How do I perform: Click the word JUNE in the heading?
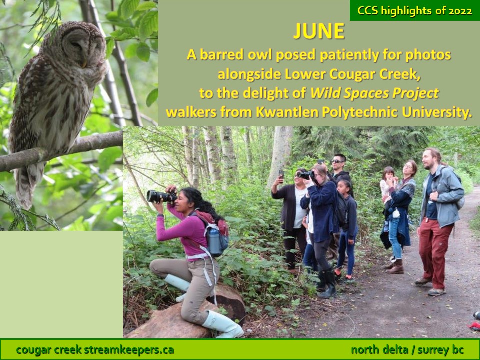[x=319, y=31]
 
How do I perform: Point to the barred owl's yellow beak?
[x=83, y=63]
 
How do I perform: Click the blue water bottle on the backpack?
[x=214, y=242]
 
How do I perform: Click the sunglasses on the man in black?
[x=337, y=161]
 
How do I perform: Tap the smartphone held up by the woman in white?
[x=281, y=174]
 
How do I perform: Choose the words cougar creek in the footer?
[x=48, y=349]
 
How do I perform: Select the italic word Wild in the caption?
[x=325, y=93]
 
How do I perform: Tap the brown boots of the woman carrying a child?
[x=395, y=266]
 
